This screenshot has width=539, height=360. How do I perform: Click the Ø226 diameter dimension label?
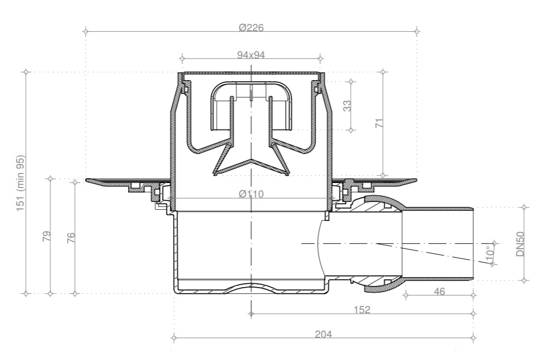click(x=251, y=27)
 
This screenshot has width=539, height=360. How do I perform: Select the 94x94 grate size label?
click(x=251, y=55)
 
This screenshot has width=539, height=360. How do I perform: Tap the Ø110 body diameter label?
click(x=251, y=194)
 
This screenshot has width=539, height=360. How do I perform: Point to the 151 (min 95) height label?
click(x=21, y=183)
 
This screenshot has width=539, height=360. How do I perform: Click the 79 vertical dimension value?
click(x=46, y=236)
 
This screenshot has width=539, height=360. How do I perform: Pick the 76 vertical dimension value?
click(x=71, y=238)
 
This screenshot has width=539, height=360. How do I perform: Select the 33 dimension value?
click(x=347, y=106)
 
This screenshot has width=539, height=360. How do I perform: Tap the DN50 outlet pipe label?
click(x=520, y=244)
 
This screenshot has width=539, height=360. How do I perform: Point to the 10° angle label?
click(x=489, y=253)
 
